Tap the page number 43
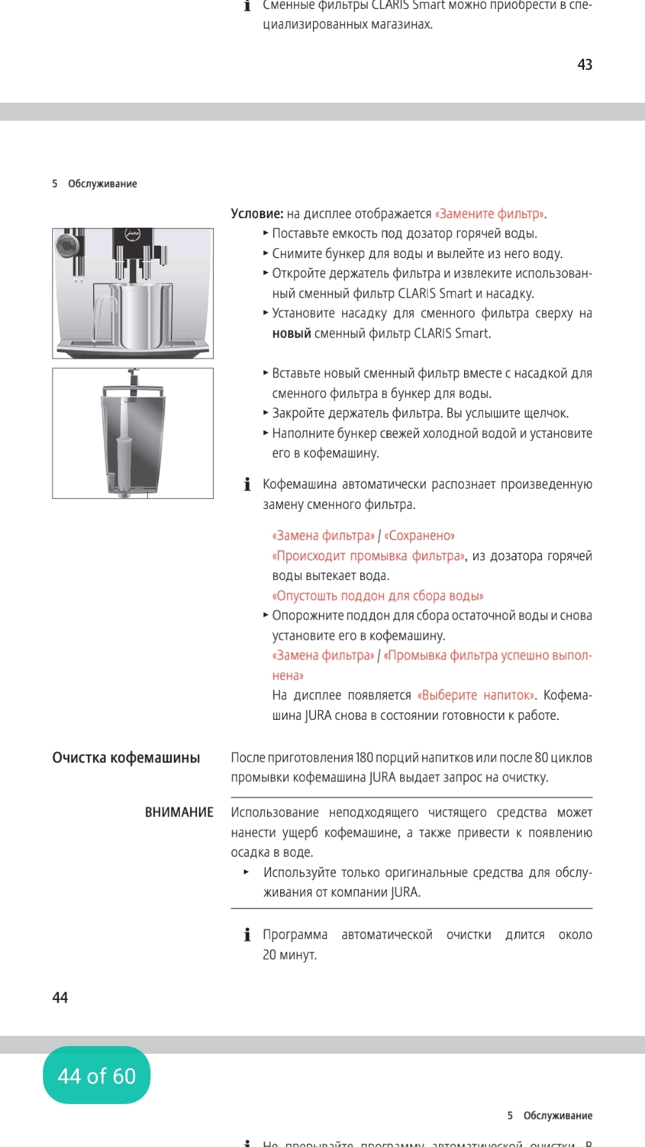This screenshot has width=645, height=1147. pos(585,65)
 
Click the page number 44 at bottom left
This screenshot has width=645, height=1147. pos(60,998)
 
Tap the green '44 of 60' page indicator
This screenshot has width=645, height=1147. pos(97,1075)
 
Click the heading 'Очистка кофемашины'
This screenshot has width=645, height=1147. pos(126,757)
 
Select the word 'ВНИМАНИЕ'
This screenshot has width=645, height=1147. pos(179,812)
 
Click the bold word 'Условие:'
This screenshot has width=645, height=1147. pos(257,214)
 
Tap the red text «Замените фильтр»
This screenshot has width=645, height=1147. pos(490,214)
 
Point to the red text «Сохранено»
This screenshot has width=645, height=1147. pos(419,536)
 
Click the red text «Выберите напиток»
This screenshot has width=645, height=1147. pos(476,695)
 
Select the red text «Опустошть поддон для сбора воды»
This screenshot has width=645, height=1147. pos(377,596)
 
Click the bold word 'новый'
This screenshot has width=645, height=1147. pos(291,333)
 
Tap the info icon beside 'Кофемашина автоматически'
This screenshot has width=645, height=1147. pos(247,484)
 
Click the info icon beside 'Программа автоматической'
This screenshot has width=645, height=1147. pos(247,934)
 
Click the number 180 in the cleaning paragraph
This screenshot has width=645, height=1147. pos(364,757)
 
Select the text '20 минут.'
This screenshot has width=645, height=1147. pos(290,955)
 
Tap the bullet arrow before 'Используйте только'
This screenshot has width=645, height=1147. pos(246,872)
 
